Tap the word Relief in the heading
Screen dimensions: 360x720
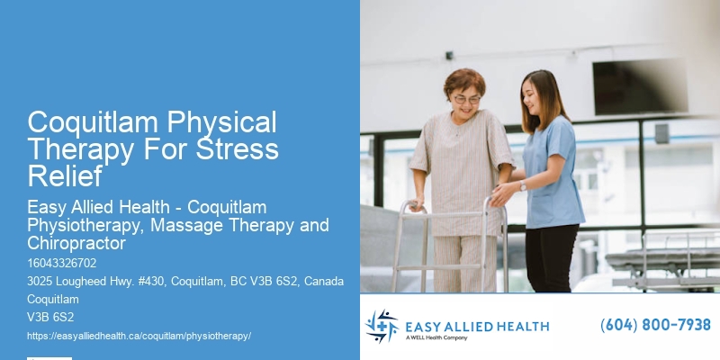(x=66, y=175)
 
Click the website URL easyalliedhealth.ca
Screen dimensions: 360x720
(x=139, y=335)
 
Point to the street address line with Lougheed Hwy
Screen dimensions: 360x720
(x=185, y=282)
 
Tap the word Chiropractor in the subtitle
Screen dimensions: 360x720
(x=76, y=244)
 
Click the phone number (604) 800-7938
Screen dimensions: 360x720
(x=655, y=325)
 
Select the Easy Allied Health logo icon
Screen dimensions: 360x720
(x=382, y=326)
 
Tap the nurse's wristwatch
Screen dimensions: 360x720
(x=523, y=186)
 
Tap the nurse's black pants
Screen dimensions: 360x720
(x=552, y=256)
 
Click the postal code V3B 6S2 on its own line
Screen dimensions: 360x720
(x=50, y=317)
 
